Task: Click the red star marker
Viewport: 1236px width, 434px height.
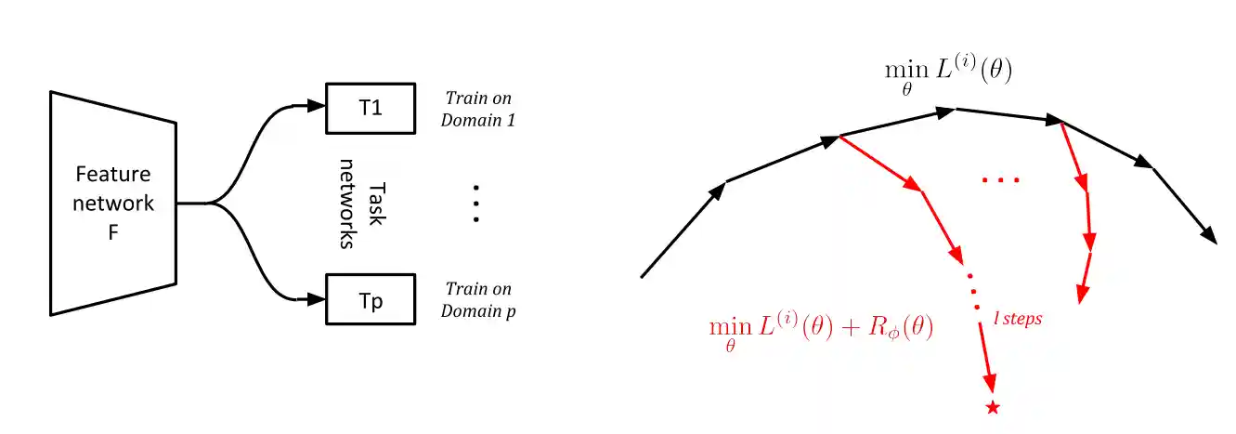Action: (x=993, y=408)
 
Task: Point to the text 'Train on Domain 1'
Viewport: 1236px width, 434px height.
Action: (x=478, y=110)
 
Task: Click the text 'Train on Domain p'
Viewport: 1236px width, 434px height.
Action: (x=478, y=300)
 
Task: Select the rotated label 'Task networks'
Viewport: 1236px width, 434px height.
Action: (x=362, y=204)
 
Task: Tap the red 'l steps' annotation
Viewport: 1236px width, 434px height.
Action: (x=1018, y=319)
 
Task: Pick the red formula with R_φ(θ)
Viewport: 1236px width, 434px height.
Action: (x=821, y=331)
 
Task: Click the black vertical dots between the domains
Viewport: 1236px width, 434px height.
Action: (x=476, y=204)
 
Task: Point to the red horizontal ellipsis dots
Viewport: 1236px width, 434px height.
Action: (x=1000, y=179)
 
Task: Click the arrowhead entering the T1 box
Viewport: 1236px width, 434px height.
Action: (x=316, y=105)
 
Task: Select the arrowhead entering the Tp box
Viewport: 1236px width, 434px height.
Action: (x=316, y=300)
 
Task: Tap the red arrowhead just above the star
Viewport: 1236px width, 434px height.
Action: (x=990, y=383)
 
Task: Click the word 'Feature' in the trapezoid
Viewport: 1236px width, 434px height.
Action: (x=113, y=174)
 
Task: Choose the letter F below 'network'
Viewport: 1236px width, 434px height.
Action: (x=113, y=232)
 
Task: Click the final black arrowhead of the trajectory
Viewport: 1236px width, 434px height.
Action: (x=1208, y=235)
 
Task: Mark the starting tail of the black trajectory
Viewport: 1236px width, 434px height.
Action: (x=642, y=277)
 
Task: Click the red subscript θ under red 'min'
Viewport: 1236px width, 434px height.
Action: (x=730, y=347)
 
